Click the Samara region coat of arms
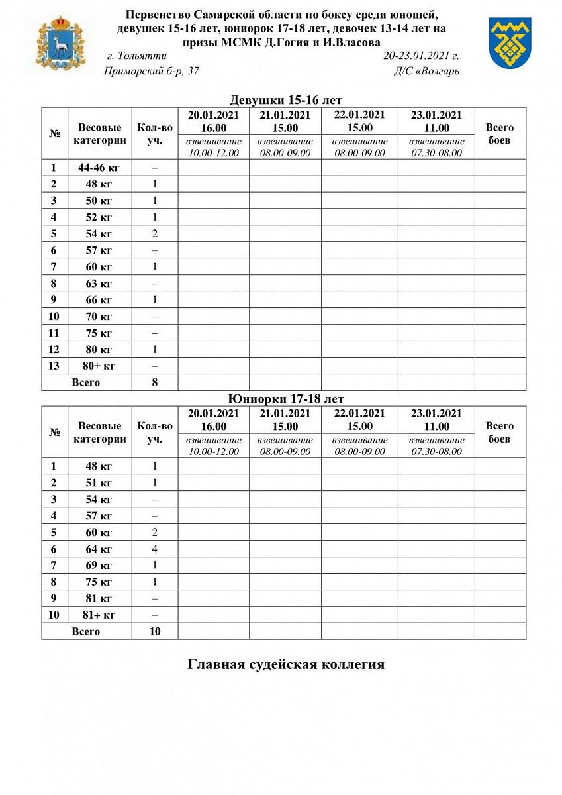coord(60,43)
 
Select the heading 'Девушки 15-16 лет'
coord(285,101)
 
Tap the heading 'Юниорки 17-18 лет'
coord(285,399)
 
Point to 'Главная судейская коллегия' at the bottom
coord(286,664)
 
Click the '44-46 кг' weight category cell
coord(99,168)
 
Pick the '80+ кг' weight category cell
coord(99,366)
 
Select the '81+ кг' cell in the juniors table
coord(99,615)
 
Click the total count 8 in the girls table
coord(155,382)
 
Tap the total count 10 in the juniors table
coord(155,631)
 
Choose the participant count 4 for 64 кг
coord(155,549)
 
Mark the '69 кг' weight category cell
coord(99,565)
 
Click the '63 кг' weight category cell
coord(99,284)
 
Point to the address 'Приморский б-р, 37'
coord(152,71)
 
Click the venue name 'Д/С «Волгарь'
coord(426,71)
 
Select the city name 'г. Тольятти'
coord(136,56)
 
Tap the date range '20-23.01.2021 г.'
coord(421,56)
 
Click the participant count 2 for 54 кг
coord(155,234)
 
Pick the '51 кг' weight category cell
coord(99,482)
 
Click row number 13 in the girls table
coord(54,366)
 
